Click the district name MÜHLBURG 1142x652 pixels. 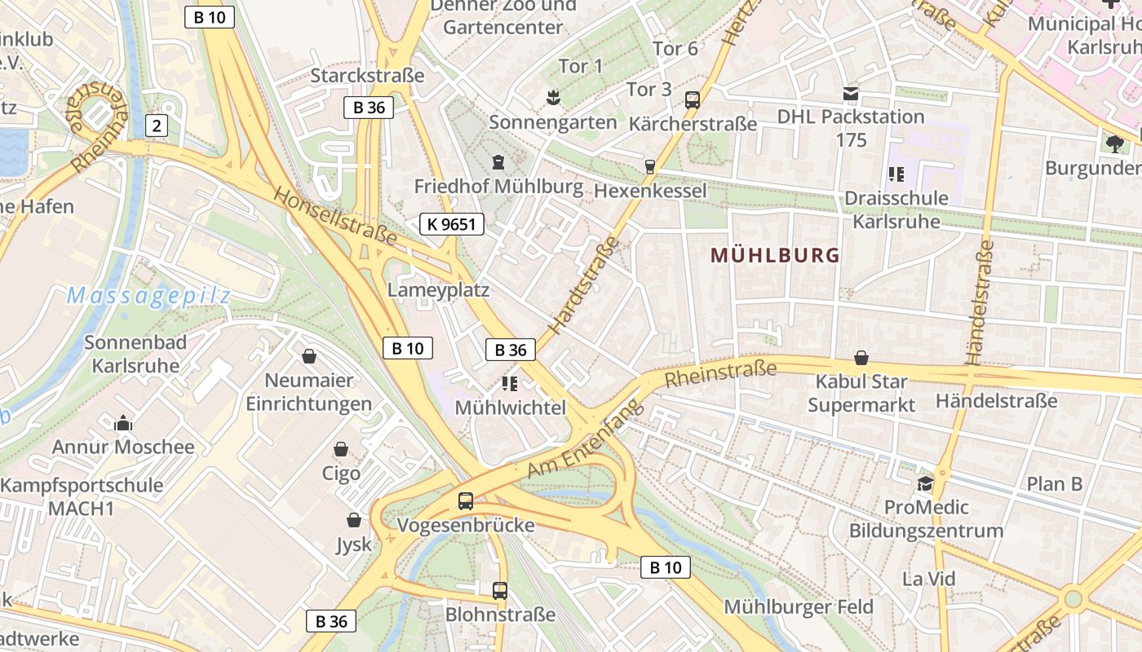[x=775, y=255]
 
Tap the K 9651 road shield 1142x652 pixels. [x=452, y=224]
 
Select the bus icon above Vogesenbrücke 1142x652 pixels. [x=466, y=501]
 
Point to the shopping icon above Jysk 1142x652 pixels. [x=354, y=520]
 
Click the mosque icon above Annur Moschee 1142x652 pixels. [x=123, y=423]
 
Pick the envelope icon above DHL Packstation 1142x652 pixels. [x=851, y=94]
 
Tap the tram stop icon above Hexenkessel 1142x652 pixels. [x=650, y=166]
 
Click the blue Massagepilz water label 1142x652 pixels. [x=148, y=296]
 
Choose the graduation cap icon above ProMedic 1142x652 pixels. [x=925, y=484]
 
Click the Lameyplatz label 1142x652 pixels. [x=438, y=290]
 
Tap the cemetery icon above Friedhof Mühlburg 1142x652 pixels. [x=498, y=162]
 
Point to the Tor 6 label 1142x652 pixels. [x=675, y=49]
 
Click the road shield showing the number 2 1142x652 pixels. [x=157, y=126]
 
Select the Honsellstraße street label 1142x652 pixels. [x=334, y=216]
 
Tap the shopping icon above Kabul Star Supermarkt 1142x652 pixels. [x=861, y=358]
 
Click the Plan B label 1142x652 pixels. [x=1054, y=484]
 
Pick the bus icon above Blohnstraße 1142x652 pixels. [x=500, y=591]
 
